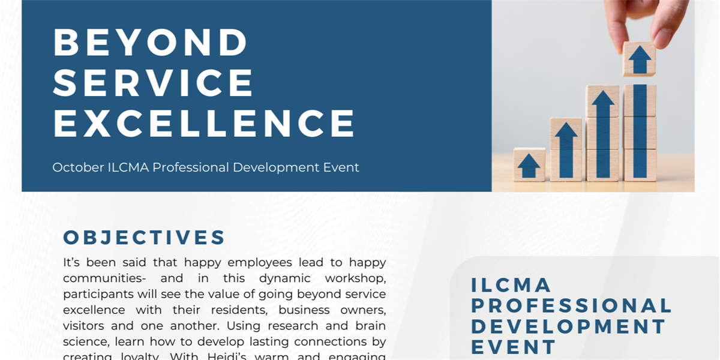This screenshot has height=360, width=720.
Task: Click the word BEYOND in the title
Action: tap(151, 42)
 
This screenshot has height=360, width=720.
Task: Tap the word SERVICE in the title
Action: tap(154, 83)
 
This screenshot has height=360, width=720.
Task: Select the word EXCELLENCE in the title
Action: tap(205, 123)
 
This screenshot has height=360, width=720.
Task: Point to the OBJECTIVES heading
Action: tap(144, 238)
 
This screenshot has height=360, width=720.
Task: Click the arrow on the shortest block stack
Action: tap(529, 165)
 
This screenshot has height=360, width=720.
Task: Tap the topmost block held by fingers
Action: tap(639, 59)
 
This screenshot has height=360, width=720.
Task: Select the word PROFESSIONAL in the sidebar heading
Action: tap(571, 305)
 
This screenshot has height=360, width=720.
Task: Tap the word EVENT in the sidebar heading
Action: tap(514, 346)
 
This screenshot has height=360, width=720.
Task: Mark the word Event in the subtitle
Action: tap(343, 167)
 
